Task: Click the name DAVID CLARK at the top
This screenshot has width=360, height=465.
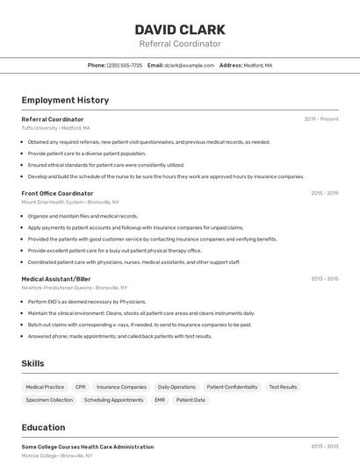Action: click(180, 29)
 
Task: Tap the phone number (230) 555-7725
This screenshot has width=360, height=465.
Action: click(125, 65)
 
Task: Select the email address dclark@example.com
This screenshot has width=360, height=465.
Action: click(190, 65)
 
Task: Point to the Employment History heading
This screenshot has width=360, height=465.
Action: click(65, 100)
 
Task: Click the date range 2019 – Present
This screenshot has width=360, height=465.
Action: click(321, 118)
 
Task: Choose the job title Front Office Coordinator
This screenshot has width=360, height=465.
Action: click(57, 193)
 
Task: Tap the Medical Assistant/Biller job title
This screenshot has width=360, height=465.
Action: click(56, 279)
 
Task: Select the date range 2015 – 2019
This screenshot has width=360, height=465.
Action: click(324, 193)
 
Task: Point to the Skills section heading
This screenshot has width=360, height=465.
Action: click(32, 363)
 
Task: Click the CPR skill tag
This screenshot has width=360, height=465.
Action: click(81, 387)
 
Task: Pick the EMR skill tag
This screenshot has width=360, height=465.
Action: click(160, 400)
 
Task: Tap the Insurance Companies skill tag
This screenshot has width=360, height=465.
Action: click(121, 387)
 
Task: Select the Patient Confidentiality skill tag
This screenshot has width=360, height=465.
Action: click(232, 387)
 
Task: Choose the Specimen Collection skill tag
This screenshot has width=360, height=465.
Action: click(49, 400)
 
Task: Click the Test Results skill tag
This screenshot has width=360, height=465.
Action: click(283, 387)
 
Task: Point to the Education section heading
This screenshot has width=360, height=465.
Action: click(43, 428)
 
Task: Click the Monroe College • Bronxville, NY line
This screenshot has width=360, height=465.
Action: click(57, 456)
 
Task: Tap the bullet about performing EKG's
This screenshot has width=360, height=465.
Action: click(87, 302)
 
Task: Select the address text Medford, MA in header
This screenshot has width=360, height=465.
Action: click(258, 65)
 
